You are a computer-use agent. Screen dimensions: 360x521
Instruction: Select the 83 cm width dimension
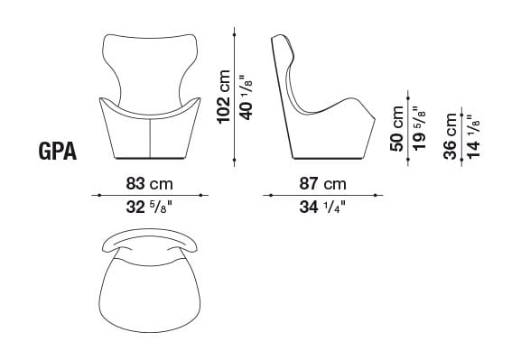coord(149,183)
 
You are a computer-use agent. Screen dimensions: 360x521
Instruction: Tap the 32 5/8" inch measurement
coord(149,208)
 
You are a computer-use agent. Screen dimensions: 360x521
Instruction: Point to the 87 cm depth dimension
coord(322,183)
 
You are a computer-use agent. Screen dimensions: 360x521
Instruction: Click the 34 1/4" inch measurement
coord(322,208)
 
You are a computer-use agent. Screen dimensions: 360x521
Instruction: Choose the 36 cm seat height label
coord(451,137)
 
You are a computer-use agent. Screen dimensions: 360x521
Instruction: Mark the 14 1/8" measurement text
coord(473,137)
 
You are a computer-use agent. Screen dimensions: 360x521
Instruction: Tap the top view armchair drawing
coord(149,284)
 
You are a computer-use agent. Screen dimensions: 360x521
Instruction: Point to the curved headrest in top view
coord(149,239)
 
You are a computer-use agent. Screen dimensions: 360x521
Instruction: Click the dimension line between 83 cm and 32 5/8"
coord(149,196)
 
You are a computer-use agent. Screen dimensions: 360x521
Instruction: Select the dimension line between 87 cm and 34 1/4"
coord(322,196)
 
